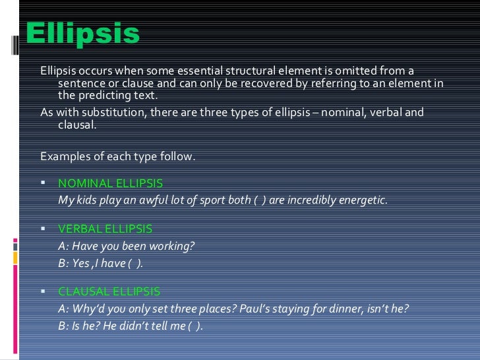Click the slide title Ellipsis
[x=83, y=34]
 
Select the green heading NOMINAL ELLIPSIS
[x=110, y=183]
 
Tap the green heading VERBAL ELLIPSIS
[x=105, y=229]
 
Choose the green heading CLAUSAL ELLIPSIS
[x=109, y=291]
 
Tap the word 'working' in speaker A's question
[x=173, y=246]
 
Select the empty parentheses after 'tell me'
[x=195, y=324]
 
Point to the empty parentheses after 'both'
[x=260, y=200]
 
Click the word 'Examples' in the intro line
[x=63, y=156]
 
